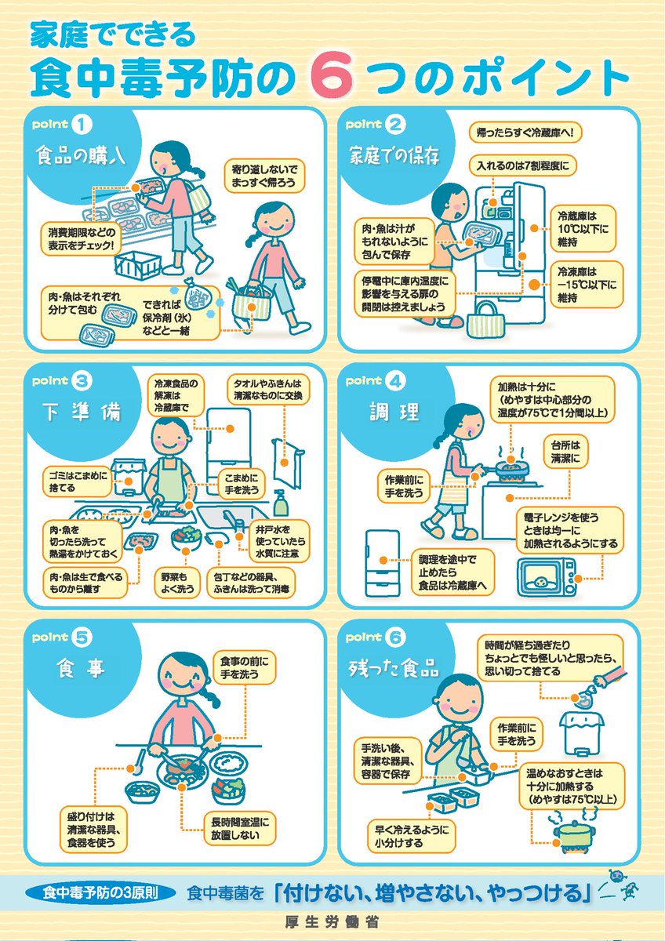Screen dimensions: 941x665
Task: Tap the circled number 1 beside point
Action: pos(82,125)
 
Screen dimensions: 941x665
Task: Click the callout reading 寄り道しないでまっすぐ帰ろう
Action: pos(266,176)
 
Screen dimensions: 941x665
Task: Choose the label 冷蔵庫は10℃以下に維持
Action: pos(583,227)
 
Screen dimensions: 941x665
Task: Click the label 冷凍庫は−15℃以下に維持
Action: pos(583,283)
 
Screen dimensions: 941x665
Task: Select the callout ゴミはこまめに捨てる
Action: pos(76,481)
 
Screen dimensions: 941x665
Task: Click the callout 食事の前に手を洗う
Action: pos(246,667)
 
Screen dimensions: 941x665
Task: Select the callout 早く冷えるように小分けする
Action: pos(409,836)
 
